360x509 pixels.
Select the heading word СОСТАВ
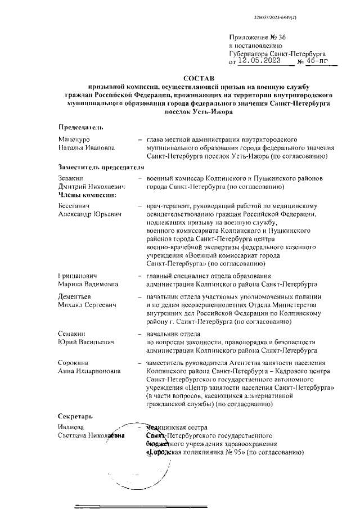(199, 78)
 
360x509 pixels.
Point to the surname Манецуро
(74, 139)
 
